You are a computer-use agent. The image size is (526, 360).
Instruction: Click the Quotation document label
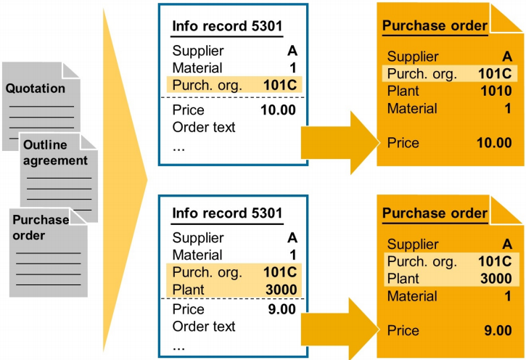(36, 89)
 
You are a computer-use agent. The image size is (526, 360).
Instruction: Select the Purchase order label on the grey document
(40, 228)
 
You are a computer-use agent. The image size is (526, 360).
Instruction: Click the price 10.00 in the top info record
(279, 110)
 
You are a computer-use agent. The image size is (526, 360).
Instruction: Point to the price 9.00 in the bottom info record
(282, 309)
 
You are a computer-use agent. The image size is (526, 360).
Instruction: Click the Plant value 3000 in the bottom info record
(280, 290)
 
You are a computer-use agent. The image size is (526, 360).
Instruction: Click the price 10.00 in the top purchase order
(493, 142)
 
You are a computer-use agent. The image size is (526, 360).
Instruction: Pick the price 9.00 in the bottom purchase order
(497, 330)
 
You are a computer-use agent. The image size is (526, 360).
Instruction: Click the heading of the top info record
(227, 28)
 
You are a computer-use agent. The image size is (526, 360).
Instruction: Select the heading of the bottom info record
(227, 214)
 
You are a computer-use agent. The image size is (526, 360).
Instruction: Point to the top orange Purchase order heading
(435, 26)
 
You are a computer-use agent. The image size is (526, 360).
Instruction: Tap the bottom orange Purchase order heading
(435, 213)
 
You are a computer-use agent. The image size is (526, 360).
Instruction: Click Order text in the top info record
(204, 128)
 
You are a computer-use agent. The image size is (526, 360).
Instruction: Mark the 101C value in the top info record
(279, 84)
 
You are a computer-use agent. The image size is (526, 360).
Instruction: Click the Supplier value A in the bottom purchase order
(507, 244)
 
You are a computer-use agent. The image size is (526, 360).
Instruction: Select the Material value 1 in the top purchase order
(508, 109)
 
